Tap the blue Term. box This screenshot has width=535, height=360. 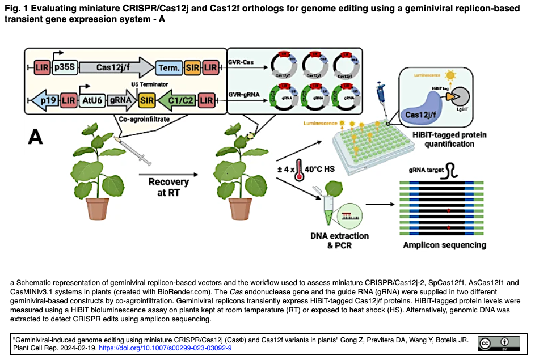168,67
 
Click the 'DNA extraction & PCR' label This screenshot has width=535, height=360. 340,240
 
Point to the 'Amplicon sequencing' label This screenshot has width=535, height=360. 444,245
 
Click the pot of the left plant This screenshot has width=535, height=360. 98,207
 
